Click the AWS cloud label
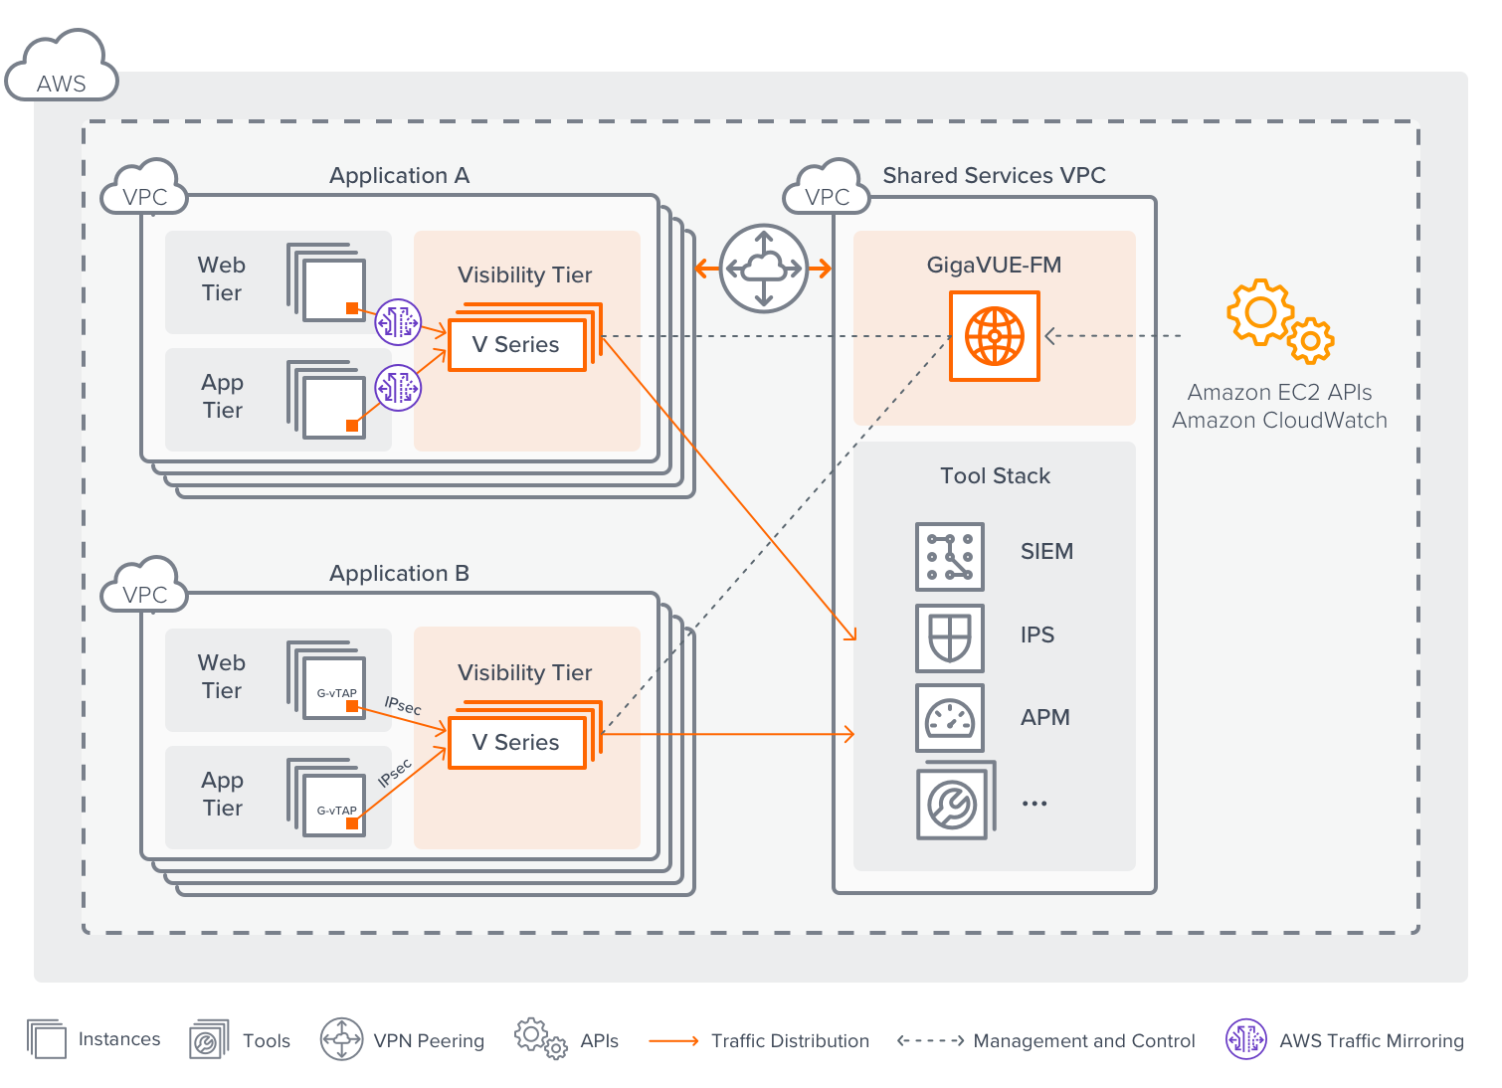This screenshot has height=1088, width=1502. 61,82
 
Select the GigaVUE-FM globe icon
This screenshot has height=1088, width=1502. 994,336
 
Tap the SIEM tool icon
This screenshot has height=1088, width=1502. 949,556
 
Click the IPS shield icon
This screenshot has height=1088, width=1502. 949,637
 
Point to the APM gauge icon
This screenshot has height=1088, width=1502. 949,718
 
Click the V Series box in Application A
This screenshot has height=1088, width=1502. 516,345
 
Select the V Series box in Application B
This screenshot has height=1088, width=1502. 516,743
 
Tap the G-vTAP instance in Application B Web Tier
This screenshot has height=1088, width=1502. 335,688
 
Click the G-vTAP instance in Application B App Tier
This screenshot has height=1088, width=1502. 335,806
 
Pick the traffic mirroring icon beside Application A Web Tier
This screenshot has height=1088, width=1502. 398,321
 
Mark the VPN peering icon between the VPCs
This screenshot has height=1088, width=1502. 763,269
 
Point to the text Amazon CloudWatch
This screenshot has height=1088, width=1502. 1279,421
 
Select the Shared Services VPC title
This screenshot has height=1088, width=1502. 994,176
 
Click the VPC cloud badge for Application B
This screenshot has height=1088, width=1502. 145,594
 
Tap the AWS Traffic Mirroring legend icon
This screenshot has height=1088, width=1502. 1245,1039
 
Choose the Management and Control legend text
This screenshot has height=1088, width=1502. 1084,1041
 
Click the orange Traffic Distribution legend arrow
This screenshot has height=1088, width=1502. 673,1041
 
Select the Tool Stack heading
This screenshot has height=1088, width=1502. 995,476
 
